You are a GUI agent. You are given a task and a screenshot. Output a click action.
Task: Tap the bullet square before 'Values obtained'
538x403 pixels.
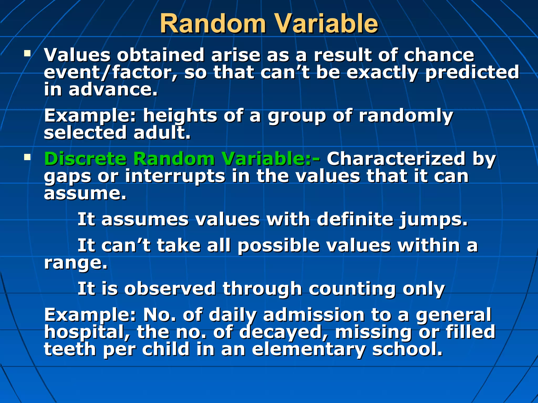(27, 54)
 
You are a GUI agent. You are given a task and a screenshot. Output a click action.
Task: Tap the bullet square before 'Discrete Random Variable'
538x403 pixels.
(27, 157)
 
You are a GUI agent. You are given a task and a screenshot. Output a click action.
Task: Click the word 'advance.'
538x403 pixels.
(113, 90)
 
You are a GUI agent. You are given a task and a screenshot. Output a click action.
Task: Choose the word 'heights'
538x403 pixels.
(180, 116)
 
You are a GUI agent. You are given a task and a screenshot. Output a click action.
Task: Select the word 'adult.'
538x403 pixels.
(162, 133)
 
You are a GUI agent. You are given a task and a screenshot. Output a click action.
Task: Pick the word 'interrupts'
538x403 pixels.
(175, 176)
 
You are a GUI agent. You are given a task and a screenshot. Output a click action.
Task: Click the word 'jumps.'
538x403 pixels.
(433, 220)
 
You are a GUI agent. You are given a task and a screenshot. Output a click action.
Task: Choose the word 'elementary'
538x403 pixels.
(309, 350)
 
